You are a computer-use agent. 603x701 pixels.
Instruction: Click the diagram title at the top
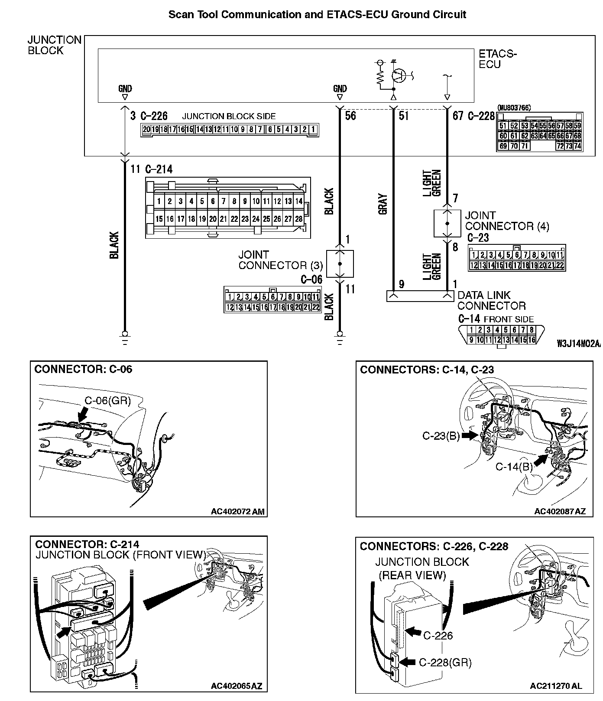(317, 14)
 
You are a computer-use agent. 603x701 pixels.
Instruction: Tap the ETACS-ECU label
(497, 59)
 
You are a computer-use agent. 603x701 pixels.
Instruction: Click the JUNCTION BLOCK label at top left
(54, 45)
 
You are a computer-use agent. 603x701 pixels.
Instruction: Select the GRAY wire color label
(383, 204)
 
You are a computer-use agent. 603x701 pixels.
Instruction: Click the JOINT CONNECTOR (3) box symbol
(340, 263)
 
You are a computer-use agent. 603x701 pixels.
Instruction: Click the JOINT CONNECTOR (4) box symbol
(447, 223)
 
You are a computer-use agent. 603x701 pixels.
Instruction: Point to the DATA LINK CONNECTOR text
(491, 300)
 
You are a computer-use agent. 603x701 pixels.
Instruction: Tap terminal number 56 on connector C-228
(350, 116)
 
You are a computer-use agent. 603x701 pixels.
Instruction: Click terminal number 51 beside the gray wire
(403, 116)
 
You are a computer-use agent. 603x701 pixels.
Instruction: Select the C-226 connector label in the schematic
(154, 116)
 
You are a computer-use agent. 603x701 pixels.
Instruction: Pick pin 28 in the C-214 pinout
(298, 219)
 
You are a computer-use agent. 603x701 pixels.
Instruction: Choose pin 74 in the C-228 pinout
(577, 146)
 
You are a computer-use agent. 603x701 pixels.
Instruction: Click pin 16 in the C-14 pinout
(531, 340)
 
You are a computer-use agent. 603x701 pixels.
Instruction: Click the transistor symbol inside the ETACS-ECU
(399, 75)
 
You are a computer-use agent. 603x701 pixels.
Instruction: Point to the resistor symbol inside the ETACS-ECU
(380, 78)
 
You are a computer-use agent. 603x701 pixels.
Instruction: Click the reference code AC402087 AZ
(560, 511)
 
